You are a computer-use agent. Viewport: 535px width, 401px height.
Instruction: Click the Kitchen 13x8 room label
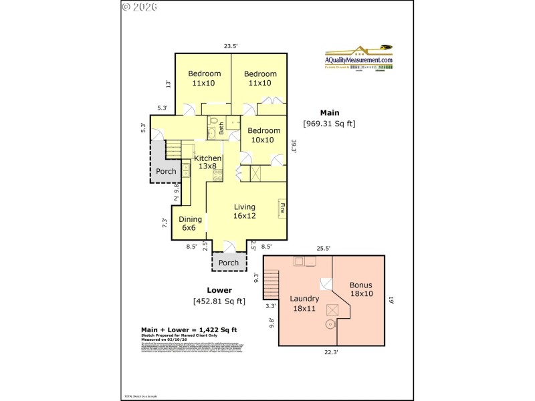(207, 162)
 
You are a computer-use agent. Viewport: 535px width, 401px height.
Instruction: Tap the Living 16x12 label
(244, 212)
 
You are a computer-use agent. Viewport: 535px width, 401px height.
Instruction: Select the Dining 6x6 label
(189, 223)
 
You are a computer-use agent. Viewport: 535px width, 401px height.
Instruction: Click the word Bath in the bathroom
(221, 128)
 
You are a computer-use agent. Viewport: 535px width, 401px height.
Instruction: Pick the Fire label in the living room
(282, 207)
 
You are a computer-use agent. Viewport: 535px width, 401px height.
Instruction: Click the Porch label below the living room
(229, 263)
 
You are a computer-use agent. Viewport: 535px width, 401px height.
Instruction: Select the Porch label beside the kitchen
(166, 171)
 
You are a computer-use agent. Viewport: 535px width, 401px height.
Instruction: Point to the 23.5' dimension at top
(231, 46)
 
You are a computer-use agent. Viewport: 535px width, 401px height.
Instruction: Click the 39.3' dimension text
(293, 146)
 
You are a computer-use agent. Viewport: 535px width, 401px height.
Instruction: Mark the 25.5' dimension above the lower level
(324, 249)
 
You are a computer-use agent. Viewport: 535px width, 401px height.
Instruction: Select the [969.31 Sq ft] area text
(329, 123)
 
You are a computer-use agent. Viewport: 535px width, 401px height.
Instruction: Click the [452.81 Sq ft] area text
(219, 301)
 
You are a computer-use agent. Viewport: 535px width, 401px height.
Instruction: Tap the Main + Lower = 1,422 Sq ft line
(189, 329)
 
